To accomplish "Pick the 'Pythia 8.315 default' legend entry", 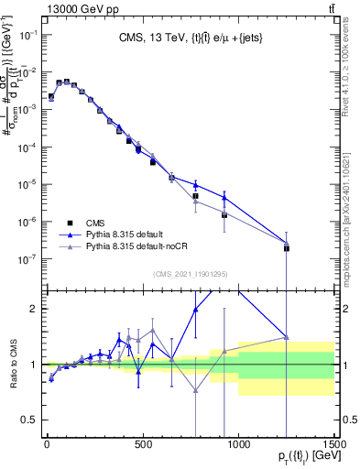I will point(121,234).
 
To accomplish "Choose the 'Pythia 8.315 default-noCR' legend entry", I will point(132,247).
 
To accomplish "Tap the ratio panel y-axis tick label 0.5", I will point(27,420).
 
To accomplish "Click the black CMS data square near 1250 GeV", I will point(287,248).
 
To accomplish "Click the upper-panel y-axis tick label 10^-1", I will point(25,34).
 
